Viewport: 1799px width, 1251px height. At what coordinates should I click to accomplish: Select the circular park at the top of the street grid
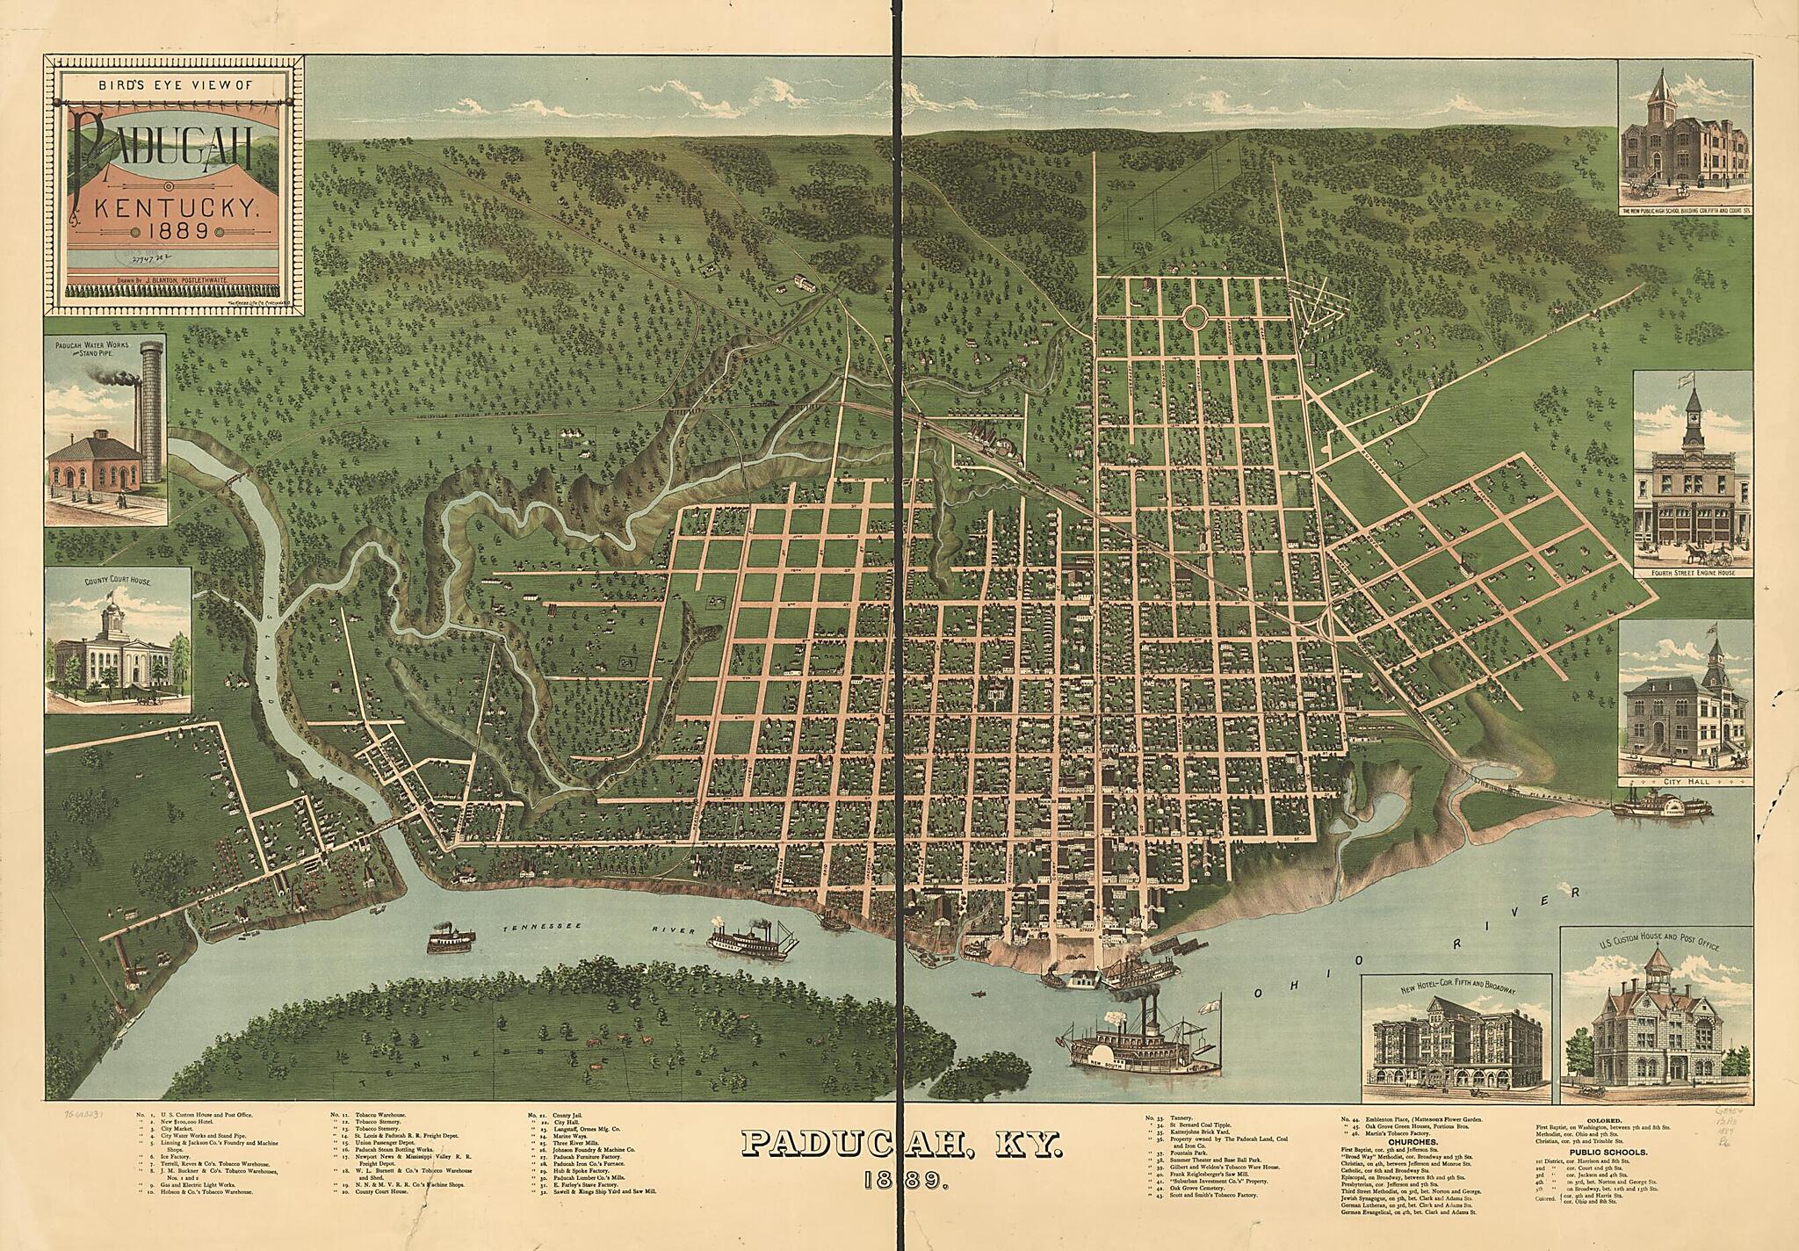1194,317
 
